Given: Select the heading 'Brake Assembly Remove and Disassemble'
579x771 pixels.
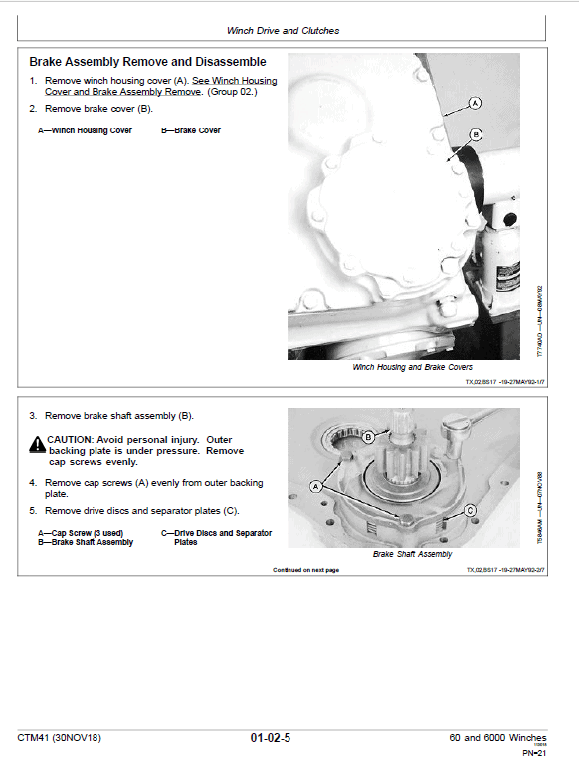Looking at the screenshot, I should point(147,62).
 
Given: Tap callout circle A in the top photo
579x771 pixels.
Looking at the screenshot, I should point(475,103).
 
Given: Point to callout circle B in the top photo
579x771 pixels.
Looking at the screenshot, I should point(475,134).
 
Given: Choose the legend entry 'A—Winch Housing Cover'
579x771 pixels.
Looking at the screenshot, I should point(79,130).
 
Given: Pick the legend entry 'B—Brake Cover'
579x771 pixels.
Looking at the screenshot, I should point(191,130).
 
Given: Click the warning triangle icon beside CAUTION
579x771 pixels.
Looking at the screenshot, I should point(37,441).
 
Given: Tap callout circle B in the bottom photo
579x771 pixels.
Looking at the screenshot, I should point(367,436).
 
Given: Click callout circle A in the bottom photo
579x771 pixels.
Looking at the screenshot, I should point(316,486).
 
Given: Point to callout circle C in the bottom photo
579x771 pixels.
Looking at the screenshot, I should point(469,510).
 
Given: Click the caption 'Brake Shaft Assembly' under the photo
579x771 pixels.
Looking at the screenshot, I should point(412,554).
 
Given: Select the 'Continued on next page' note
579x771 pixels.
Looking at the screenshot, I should point(305,570).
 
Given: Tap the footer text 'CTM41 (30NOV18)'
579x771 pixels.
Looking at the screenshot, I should point(59,738).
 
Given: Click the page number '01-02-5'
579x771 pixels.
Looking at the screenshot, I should point(271,738).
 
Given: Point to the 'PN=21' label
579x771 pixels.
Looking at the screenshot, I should point(535,753).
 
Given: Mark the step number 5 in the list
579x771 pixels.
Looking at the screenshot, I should point(33,511).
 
